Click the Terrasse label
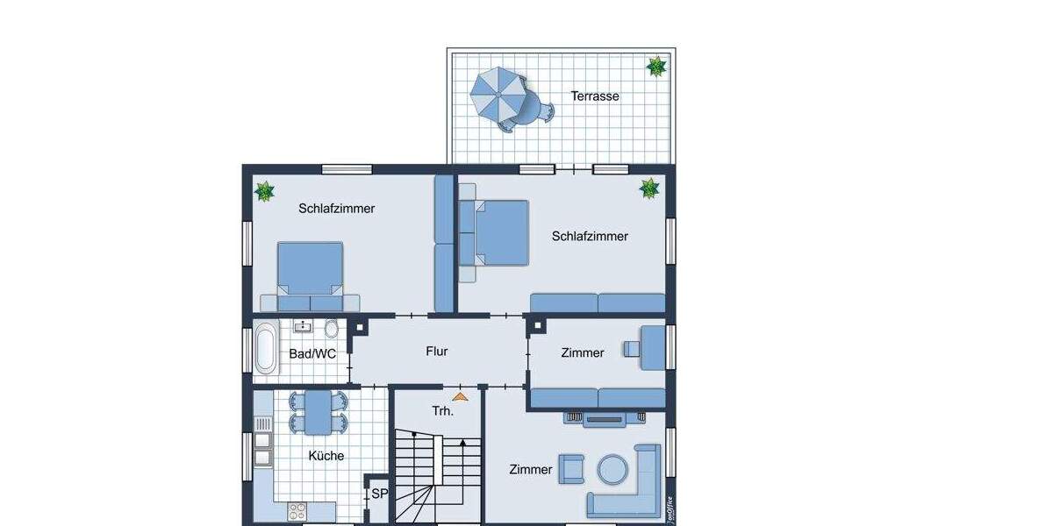click(595, 96)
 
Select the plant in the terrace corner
click(655, 67)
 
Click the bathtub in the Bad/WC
click(265, 348)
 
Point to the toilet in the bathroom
click(331, 329)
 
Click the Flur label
click(437, 352)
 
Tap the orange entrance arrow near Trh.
click(460, 397)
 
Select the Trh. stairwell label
click(442, 411)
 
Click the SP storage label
click(379, 494)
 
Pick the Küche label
click(326, 456)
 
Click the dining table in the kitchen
click(318, 412)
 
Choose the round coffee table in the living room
click(613, 469)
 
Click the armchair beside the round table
click(572, 469)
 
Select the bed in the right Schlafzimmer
click(499, 232)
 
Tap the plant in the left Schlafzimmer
click(263, 190)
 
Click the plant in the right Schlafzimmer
click(649, 188)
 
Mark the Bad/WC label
click(312, 354)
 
